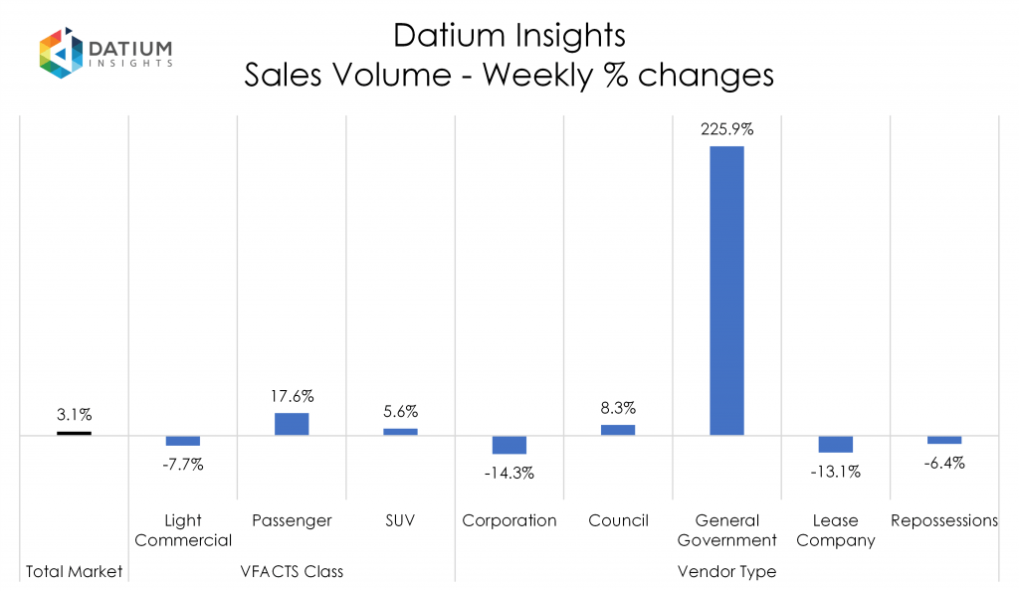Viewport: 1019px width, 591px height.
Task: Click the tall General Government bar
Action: click(726, 291)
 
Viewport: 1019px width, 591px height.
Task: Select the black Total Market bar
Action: click(74, 433)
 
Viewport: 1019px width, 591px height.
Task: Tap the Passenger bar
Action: click(292, 424)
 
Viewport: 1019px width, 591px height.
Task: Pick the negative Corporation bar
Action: click(509, 445)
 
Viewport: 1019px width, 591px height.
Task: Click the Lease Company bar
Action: click(835, 444)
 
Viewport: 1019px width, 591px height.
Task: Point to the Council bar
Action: click(618, 430)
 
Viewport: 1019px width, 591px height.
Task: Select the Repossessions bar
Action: click(944, 440)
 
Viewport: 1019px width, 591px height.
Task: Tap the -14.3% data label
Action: click(509, 474)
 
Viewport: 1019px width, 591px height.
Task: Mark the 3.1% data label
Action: click(74, 414)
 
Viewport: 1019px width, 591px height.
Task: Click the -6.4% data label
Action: click(944, 463)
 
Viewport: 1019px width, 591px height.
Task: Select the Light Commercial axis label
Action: click(183, 530)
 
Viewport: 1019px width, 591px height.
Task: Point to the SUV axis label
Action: click(400, 520)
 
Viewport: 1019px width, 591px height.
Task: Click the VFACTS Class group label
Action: click(292, 571)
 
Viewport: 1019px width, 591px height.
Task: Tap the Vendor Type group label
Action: click(726, 571)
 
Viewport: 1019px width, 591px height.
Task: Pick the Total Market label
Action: click(74, 571)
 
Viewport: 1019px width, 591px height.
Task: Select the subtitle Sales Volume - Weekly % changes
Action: click(509, 76)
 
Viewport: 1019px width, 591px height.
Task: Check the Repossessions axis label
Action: click(944, 520)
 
